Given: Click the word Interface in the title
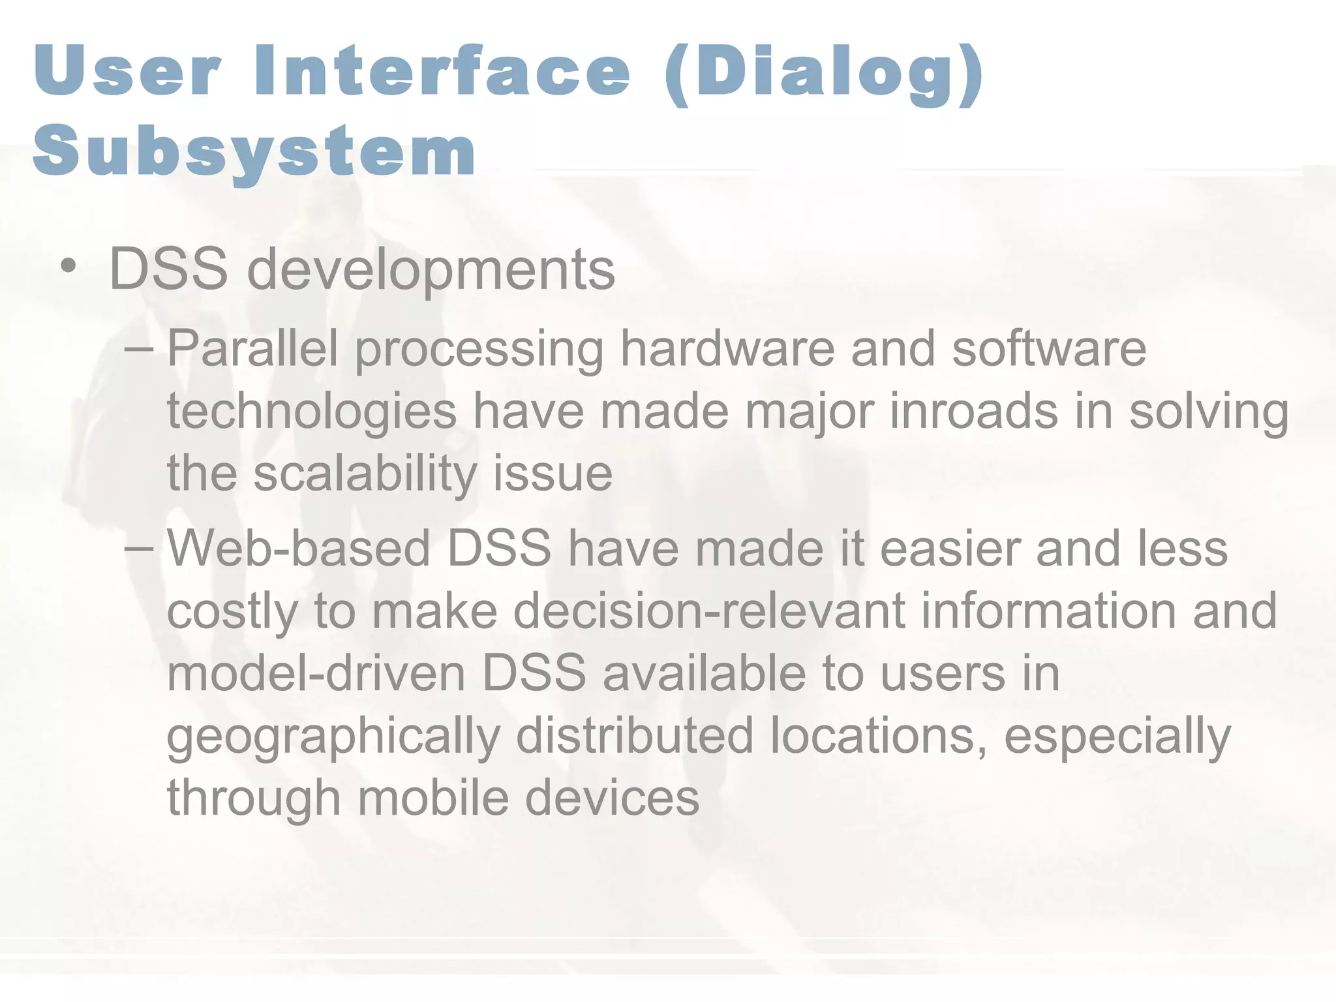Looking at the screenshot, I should pos(443,70).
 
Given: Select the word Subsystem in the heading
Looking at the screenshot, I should pos(254,151).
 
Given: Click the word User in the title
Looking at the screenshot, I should pos(128,70).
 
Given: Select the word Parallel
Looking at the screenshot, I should pos(253,348).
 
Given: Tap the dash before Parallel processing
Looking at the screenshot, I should pos(138,350).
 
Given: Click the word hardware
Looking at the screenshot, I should pos(727,348).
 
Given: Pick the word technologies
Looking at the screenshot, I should pos(312,412).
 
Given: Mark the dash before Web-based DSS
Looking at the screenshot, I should pos(138,549).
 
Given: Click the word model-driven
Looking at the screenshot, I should pos(316,673).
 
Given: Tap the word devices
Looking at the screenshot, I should pos(612,798).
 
